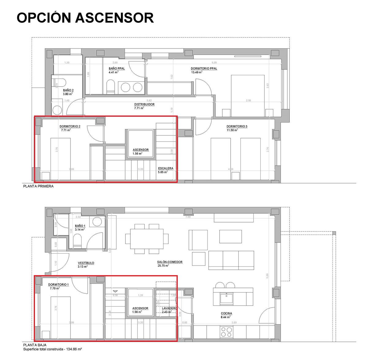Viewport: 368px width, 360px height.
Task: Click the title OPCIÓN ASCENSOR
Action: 85,18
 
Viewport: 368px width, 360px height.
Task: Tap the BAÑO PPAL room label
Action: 117,68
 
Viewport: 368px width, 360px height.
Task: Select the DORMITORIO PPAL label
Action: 204,68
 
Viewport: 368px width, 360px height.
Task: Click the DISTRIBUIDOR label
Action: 144,104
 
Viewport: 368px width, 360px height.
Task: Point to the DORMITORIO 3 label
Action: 237,126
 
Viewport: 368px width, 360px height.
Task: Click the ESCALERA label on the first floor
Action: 166,168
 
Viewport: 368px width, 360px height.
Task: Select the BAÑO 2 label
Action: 68,91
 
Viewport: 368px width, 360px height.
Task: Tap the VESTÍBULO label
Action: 86,263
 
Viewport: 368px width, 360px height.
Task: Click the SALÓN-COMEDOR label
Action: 170,262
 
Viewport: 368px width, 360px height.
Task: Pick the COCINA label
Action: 226,313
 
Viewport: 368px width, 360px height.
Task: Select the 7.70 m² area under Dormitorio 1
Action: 55,288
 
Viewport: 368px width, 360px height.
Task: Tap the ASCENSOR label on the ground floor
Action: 140,308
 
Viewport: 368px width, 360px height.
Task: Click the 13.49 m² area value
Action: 197,72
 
